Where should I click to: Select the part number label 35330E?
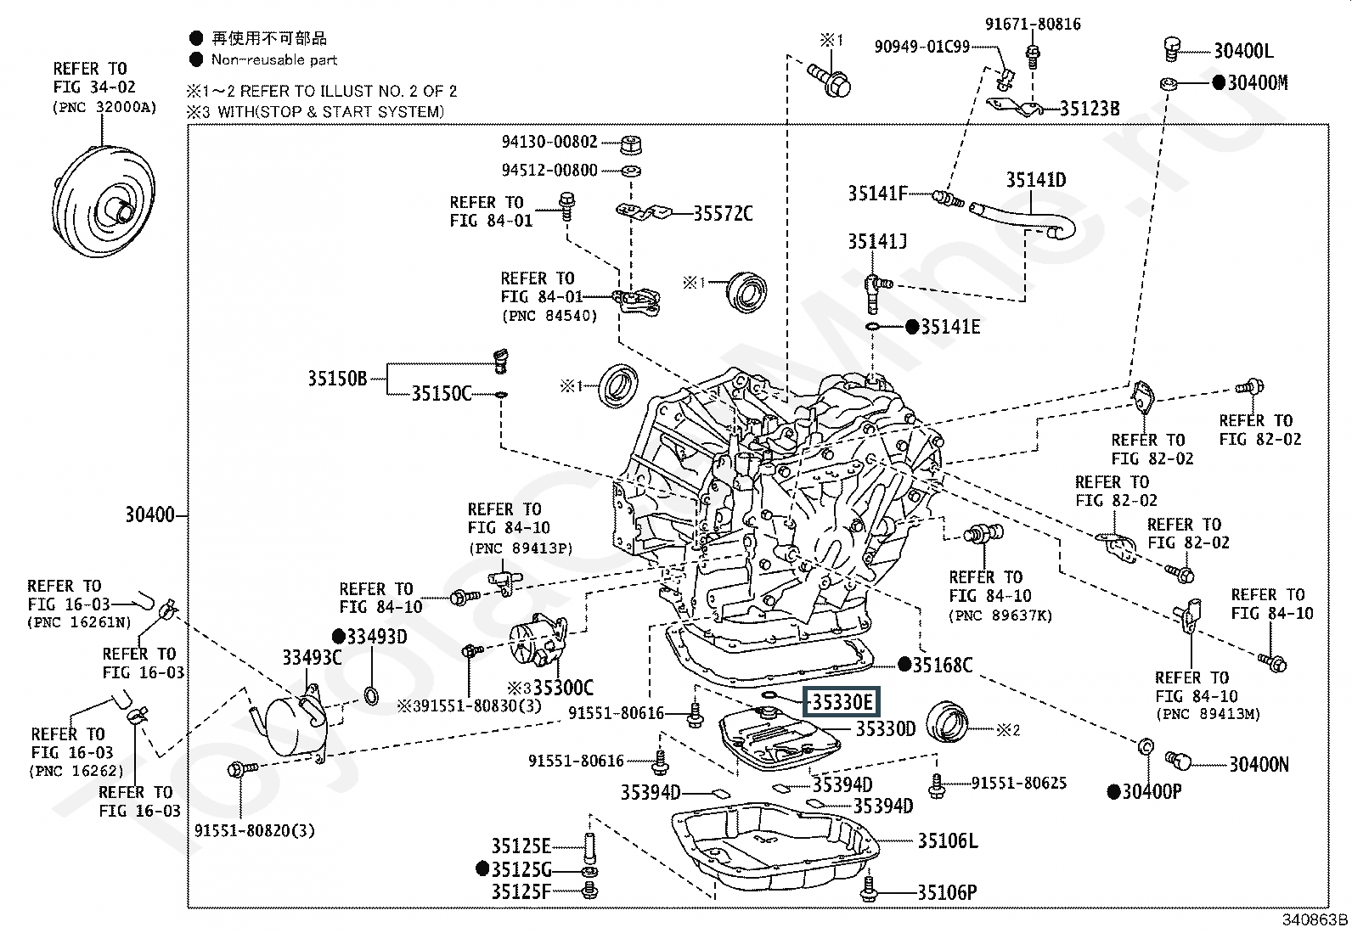pos(841,701)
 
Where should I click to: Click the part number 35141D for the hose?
pos(1036,180)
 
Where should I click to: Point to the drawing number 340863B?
pos(1315,919)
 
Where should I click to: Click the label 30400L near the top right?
pos(1243,51)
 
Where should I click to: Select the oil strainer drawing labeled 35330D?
pos(780,740)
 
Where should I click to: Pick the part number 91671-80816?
pos(1033,24)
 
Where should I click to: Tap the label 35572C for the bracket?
pos(723,213)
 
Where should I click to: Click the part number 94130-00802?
pos(549,142)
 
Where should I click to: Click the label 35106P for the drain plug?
pos(946,892)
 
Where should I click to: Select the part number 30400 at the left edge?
pos(149,515)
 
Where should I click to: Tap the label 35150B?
pos(337,378)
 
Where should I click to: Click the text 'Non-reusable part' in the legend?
pos(273,59)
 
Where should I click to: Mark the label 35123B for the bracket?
pos(1090,109)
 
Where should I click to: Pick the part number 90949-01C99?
pos(921,47)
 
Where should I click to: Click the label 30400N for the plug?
pos(1259,764)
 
